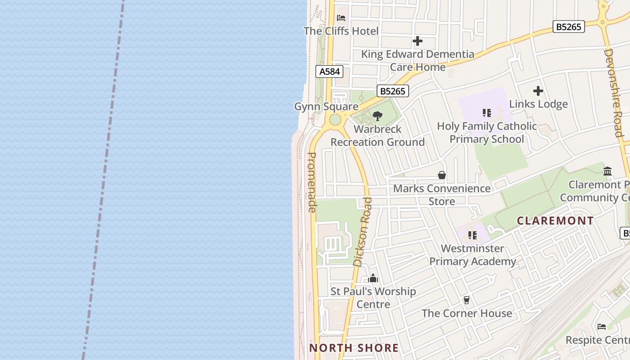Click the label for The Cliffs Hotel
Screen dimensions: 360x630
pyautogui.click(x=341, y=31)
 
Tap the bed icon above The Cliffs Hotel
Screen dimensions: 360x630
pyautogui.click(x=341, y=18)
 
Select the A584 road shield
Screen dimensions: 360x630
pyautogui.click(x=329, y=72)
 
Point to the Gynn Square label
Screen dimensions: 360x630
pyautogui.click(x=326, y=107)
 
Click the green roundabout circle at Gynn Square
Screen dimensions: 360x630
pyautogui.click(x=335, y=120)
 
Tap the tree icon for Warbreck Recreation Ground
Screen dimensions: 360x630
pyautogui.click(x=378, y=116)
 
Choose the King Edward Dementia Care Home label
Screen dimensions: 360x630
pyautogui.click(x=418, y=60)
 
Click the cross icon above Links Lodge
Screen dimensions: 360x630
pyautogui.click(x=538, y=91)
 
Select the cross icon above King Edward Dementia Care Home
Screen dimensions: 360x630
pyautogui.click(x=418, y=41)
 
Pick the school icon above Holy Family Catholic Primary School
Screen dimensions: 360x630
pyautogui.click(x=486, y=112)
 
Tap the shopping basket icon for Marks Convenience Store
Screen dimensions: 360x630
pyautogui.click(x=442, y=175)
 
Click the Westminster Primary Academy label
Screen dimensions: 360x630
pyautogui.click(x=472, y=255)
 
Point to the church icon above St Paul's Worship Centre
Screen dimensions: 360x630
pyautogui.click(x=373, y=279)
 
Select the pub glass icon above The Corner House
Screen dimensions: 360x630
pyautogui.click(x=467, y=300)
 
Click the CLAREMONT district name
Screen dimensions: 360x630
pyautogui.click(x=555, y=220)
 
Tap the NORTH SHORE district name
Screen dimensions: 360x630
pyautogui.click(x=354, y=347)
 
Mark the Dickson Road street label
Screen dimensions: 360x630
pyautogui.click(x=363, y=232)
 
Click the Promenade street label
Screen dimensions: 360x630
pyautogui.click(x=312, y=182)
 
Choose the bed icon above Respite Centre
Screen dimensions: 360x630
pyautogui.click(x=601, y=327)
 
